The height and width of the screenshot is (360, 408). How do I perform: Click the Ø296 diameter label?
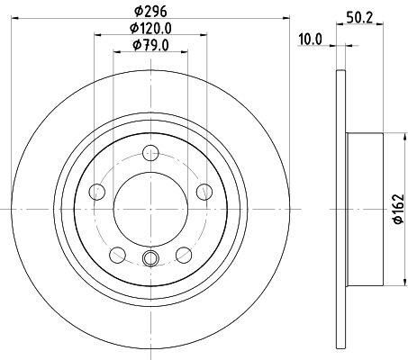[x=150, y=12]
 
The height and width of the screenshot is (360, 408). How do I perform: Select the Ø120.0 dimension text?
[x=150, y=28]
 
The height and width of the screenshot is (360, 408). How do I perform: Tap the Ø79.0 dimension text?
[x=150, y=45]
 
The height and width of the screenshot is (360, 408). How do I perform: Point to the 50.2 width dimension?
[x=359, y=18]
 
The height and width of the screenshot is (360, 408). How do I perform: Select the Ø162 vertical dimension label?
[x=398, y=209]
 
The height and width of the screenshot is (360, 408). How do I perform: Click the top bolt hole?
[x=150, y=153]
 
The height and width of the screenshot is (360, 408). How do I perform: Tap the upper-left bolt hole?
[x=97, y=192]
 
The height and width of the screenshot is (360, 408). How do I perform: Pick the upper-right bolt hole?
[x=204, y=192]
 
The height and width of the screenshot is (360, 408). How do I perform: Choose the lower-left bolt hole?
[x=118, y=255]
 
